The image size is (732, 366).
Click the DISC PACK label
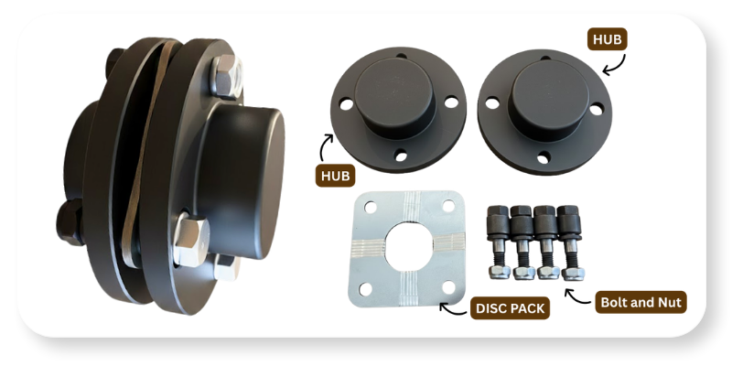[x=510, y=308]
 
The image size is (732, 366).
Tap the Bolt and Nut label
[x=641, y=303]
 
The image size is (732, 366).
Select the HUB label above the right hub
[x=607, y=39]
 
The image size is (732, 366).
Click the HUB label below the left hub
[x=335, y=176]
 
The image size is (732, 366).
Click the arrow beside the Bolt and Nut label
[x=577, y=296]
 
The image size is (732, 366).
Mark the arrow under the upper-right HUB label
[x=615, y=65]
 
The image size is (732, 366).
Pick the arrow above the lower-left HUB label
[x=326, y=147]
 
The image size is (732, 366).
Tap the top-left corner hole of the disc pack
[x=371, y=207]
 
